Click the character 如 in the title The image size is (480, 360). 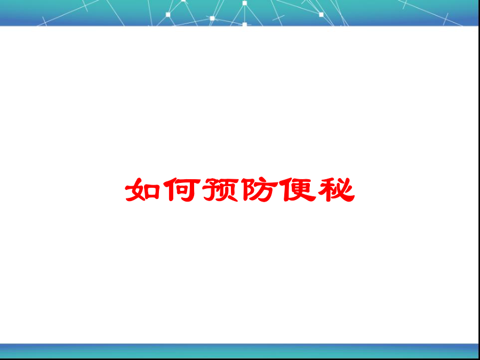pos(142,190)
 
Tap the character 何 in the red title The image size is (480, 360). pos(181,190)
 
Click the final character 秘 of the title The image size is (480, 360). pos(337,190)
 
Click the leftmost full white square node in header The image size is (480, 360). pos(168,14)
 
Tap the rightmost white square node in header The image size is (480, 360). pos(321,14)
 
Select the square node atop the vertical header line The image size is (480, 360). pos(245,3)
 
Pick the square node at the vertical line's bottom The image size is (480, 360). pos(245,24)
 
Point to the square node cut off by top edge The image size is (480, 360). pos(183,1)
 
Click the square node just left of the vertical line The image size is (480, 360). pos(212,18)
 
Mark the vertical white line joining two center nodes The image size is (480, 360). pos(245,14)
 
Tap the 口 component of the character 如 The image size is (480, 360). pos(152,191)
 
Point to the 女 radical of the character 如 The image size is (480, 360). pos(135,190)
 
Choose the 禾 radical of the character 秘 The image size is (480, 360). pos(326,190)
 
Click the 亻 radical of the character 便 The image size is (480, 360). pos(286,190)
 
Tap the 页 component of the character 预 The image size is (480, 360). pos(229,190)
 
